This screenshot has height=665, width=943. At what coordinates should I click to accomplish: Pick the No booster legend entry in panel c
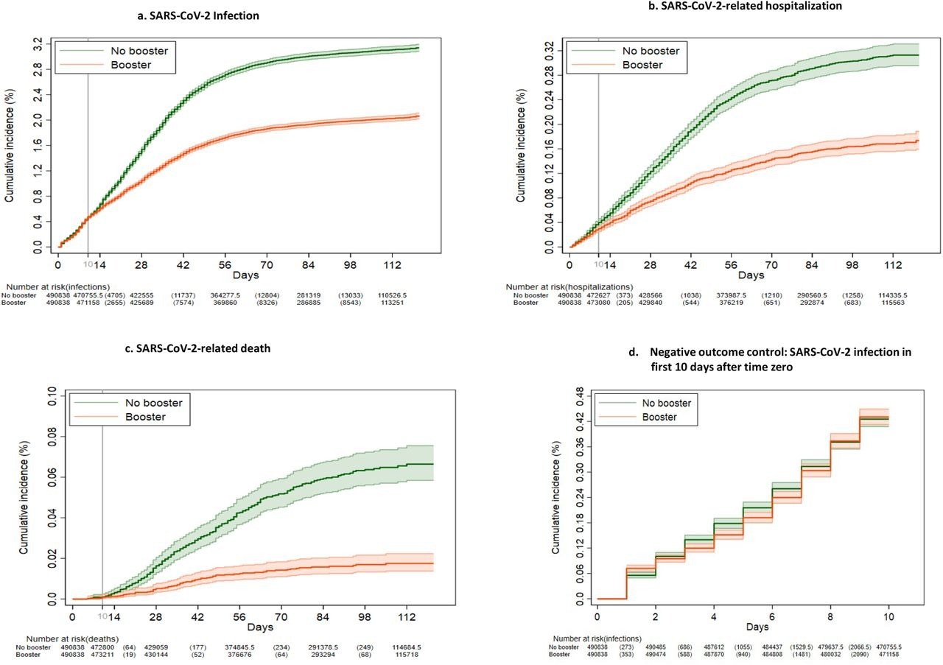tap(152, 402)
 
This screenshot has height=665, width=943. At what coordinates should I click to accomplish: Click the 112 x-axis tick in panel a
tap(384, 264)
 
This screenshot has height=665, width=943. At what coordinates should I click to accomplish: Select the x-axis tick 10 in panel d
tap(888, 615)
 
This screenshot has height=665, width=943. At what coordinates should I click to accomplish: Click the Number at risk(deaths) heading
tap(72, 638)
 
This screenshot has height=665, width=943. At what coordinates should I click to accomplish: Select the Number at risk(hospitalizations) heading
tap(569, 286)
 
